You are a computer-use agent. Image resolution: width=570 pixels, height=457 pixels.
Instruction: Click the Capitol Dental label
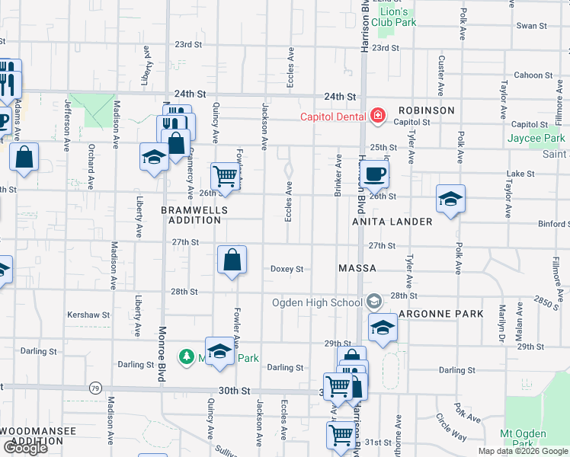[x=333, y=117]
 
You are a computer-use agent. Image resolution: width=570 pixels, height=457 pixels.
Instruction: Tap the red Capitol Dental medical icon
[x=376, y=117]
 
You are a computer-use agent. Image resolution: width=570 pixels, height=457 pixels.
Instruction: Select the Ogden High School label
[x=319, y=302]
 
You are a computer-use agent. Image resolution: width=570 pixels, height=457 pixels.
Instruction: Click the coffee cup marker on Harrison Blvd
[x=374, y=174]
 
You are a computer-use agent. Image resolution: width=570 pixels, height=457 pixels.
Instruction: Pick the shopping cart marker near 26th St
[x=226, y=177]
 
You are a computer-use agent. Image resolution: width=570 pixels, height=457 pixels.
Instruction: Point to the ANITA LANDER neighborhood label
[x=392, y=222]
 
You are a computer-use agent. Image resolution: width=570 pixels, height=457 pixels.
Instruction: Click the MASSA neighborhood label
[x=357, y=269]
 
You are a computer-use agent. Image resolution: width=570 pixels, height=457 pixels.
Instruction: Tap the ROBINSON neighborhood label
[x=425, y=110]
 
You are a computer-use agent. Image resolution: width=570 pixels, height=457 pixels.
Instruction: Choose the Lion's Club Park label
[x=398, y=17]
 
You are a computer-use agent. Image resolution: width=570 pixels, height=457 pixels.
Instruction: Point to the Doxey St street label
[x=287, y=269]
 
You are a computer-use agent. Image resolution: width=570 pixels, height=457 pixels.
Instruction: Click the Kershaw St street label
[x=88, y=314]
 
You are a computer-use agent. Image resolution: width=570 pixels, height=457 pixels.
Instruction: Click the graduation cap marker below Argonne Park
[x=383, y=328]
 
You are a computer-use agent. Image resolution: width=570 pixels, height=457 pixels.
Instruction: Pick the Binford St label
[x=553, y=224]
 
